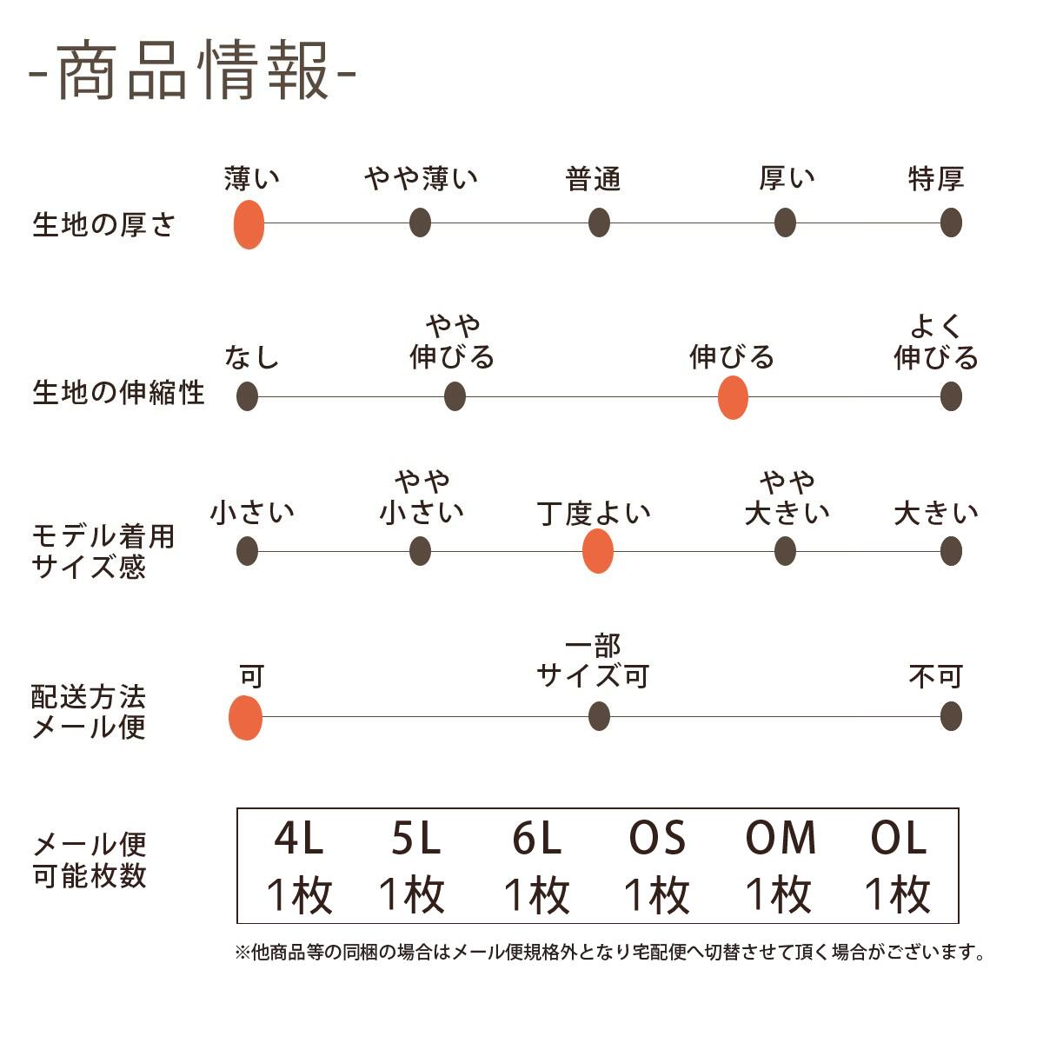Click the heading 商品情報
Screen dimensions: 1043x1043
[193, 70]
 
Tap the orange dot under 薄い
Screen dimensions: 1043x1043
[249, 224]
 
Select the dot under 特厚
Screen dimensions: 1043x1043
[951, 223]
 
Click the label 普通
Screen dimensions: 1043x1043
[594, 180]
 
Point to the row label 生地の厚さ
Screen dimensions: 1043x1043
[104, 225]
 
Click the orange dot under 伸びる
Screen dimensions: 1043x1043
[733, 398]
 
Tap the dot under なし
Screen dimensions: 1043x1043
[248, 396]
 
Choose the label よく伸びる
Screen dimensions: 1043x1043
[936, 342]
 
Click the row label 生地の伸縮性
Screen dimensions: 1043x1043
[118, 393]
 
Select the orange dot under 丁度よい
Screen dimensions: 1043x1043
[597, 551]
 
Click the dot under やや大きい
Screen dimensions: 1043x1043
[785, 551]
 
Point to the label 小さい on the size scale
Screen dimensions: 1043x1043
[252, 513]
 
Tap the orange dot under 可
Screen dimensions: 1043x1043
[246, 718]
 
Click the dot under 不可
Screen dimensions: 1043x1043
[951, 717]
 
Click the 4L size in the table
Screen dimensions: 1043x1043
[298, 839]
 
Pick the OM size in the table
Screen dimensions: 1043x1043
[781, 839]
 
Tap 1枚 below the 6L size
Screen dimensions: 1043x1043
[536, 895]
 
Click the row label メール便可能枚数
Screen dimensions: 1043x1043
[90, 860]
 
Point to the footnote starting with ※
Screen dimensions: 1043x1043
[611, 953]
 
